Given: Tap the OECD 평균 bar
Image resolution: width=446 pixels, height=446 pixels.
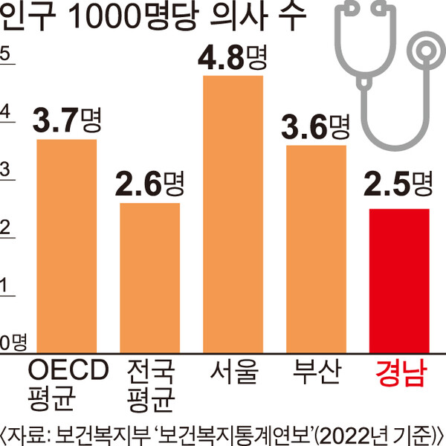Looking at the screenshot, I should click(x=67, y=246).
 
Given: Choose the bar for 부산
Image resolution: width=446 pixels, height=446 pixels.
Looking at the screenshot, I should click(x=316, y=249).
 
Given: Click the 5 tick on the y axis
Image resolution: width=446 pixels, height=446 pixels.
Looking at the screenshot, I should click(x=6, y=54).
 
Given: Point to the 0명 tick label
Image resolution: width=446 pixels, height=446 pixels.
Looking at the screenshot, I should click(x=14, y=342).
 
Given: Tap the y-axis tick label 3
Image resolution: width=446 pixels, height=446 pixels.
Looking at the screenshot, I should click(x=6, y=170).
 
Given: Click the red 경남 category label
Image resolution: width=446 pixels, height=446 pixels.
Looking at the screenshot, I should click(x=399, y=372).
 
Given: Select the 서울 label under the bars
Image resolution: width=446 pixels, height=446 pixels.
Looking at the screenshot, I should click(x=233, y=371).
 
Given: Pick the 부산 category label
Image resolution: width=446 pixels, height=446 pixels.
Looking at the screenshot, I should click(x=316, y=371).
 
